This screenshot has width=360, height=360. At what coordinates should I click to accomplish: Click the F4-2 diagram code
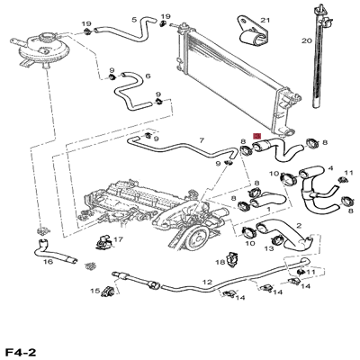click(21, 352)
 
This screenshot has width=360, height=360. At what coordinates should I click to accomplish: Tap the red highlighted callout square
click(257, 136)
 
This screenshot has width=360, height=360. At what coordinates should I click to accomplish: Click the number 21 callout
click(265, 21)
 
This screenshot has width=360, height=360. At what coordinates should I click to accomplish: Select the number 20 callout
click(307, 40)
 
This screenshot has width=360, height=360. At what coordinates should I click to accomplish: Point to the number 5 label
click(134, 20)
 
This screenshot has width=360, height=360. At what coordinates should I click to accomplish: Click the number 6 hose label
click(148, 76)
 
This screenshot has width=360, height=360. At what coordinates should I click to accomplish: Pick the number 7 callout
click(202, 140)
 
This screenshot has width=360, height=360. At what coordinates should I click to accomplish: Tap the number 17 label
click(119, 239)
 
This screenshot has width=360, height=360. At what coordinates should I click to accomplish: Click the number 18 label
click(220, 263)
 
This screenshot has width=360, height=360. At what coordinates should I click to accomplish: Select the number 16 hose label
click(48, 262)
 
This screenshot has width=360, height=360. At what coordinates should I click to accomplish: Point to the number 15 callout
click(95, 291)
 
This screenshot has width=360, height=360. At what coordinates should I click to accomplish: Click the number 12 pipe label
click(207, 283)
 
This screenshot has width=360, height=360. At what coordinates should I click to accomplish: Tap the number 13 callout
click(269, 248)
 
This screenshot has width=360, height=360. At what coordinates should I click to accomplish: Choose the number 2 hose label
click(299, 226)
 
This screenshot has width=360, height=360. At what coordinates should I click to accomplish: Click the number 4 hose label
click(330, 168)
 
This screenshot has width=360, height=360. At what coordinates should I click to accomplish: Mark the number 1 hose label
click(268, 208)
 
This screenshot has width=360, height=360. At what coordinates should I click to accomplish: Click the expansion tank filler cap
click(47, 38)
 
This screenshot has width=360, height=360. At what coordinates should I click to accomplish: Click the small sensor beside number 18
click(231, 259)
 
